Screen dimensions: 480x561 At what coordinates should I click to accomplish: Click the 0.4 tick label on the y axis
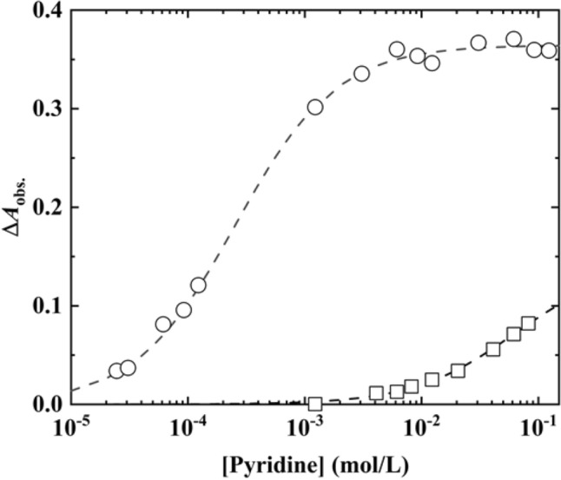click(x=46, y=10)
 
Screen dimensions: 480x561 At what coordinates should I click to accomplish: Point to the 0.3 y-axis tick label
click(x=46, y=108)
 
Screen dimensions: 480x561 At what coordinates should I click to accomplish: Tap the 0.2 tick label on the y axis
click(x=46, y=207)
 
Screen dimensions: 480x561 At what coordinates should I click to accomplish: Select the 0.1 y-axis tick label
click(x=46, y=306)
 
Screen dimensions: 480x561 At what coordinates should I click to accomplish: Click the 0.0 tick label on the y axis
click(x=46, y=404)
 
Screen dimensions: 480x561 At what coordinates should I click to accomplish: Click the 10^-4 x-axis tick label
click(x=188, y=426)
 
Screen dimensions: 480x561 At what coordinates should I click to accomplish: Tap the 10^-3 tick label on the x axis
click(x=306, y=426)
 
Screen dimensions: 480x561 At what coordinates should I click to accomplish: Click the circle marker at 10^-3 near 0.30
click(x=314, y=107)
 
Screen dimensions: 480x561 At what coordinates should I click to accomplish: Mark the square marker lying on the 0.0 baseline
click(x=314, y=404)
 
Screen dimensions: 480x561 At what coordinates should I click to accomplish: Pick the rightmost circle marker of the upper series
click(x=549, y=50)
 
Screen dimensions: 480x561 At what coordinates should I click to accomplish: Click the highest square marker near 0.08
click(x=528, y=323)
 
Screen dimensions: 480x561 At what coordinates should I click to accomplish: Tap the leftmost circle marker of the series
click(x=116, y=371)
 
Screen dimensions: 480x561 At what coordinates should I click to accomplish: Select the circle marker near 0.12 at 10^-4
click(x=198, y=285)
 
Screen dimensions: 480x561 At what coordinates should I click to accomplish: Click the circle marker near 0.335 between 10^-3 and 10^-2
click(x=361, y=73)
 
